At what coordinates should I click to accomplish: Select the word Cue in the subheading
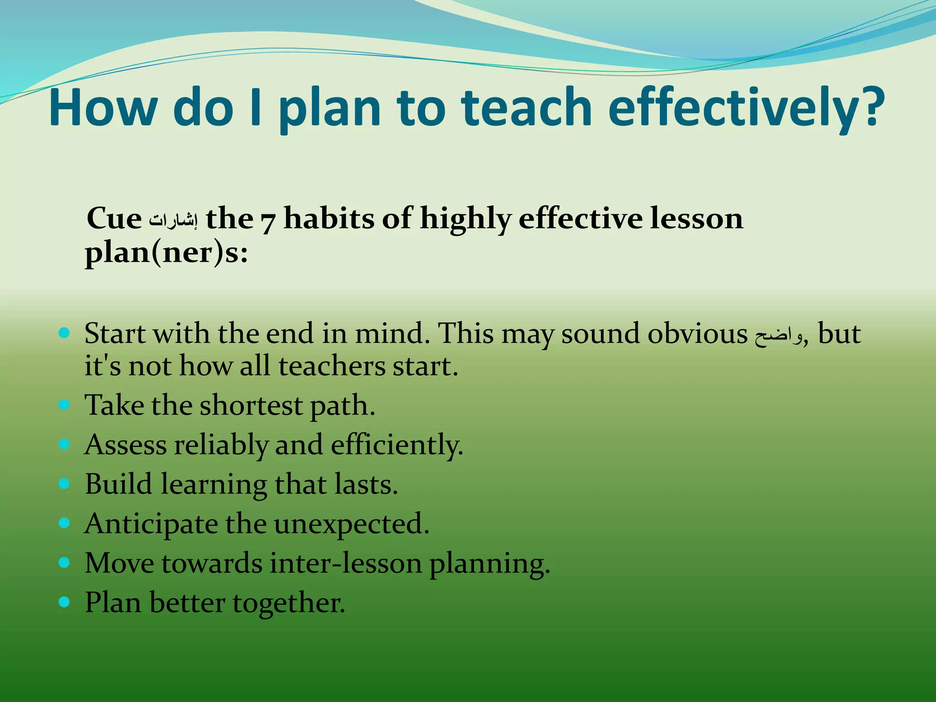(114, 218)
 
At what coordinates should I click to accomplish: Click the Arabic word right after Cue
(174, 221)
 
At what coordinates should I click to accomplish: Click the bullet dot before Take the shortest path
(64, 404)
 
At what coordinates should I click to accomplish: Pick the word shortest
(251, 405)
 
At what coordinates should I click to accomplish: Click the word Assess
(125, 445)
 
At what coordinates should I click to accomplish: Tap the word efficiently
(397, 445)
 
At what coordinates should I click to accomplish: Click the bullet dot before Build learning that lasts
(64, 483)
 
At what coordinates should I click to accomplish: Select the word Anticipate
(151, 524)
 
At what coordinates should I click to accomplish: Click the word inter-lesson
(346, 563)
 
